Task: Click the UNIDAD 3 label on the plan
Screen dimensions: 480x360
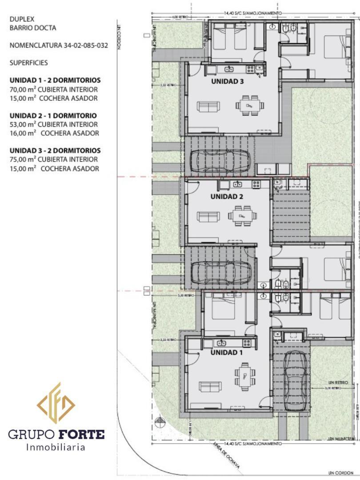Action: pos(228,81)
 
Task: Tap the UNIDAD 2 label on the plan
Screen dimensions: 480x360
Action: pos(227,196)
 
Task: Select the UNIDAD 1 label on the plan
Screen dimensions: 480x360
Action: pos(227,352)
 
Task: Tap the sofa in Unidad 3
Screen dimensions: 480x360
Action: pos(208,107)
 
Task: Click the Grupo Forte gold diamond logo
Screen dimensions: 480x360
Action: pos(56,403)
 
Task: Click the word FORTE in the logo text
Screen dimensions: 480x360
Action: pos(83,434)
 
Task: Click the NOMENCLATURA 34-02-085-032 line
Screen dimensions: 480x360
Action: pos(59,45)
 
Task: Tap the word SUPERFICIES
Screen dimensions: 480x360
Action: pos(28,63)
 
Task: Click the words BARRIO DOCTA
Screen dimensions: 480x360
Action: pos(33,28)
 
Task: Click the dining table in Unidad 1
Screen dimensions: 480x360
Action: pos(244,375)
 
